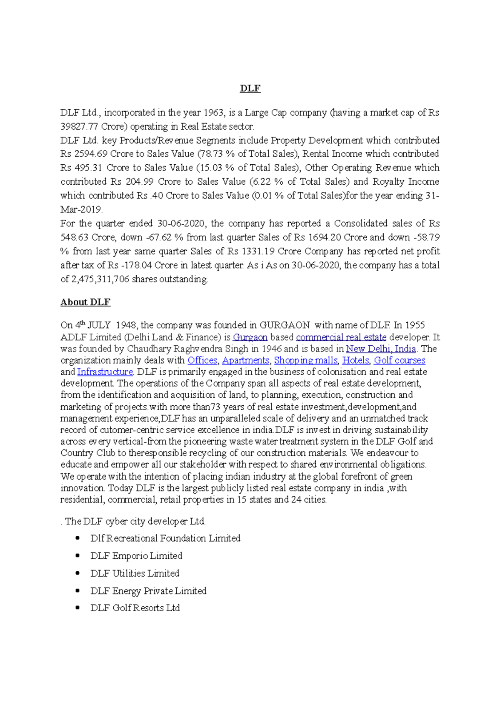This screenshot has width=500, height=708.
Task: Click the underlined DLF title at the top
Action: click(x=250, y=88)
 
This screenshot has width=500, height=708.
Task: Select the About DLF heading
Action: click(x=85, y=302)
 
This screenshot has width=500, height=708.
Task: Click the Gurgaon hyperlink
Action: click(x=250, y=337)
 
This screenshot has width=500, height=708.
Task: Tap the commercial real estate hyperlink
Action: click(x=341, y=337)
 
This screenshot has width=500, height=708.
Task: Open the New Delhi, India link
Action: click(x=381, y=349)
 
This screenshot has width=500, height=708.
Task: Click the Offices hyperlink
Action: click(x=202, y=360)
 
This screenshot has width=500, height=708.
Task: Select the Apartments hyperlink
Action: click(x=245, y=360)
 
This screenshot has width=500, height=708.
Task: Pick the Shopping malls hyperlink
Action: click(x=305, y=360)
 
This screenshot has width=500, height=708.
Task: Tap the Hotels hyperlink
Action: click(x=355, y=360)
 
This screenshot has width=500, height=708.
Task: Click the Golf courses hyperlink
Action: click(x=399, y=360)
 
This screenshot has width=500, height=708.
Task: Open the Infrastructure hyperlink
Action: click(x=105, y=372)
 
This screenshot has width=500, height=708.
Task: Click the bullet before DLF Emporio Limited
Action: click(x=77, y=555)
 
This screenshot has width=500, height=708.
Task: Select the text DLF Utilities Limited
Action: click(x=135, y=573)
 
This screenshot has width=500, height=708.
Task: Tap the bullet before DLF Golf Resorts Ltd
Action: click(x=77, y=608)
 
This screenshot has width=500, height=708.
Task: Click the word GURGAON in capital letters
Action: click(x=285, y=325)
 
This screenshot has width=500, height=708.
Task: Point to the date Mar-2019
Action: click(x=81, y=210)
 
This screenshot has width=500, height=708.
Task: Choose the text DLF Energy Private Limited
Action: click(x=148, y=591)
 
